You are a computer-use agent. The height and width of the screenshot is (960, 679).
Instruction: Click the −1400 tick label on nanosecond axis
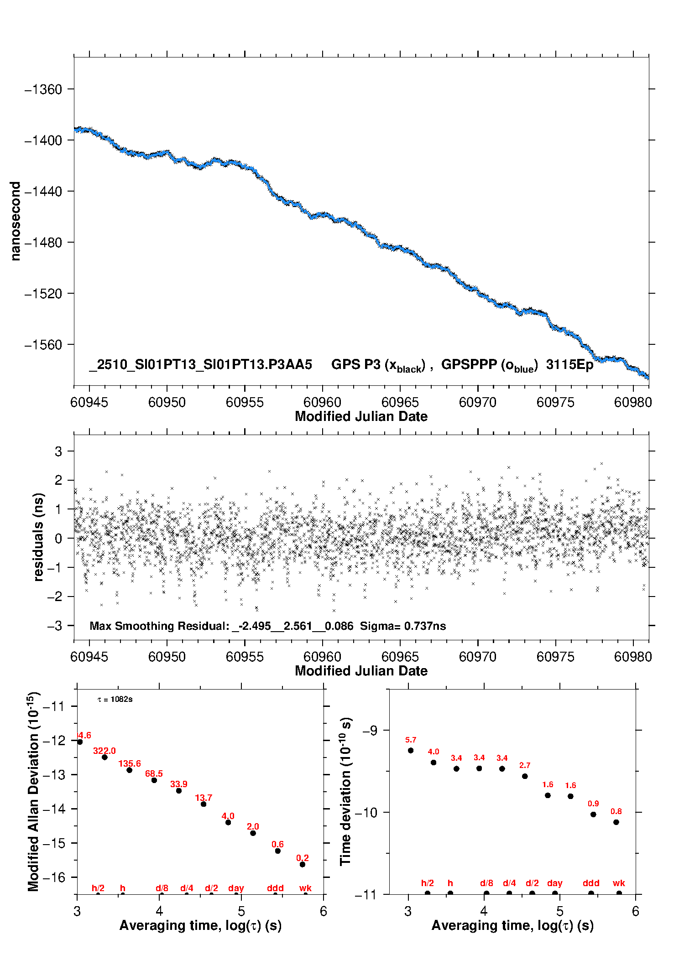click(x=43, y=140)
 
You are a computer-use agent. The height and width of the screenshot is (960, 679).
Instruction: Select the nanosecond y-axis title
click(x=15, y=221)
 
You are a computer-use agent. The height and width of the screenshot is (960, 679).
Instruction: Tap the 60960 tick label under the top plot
click(x=322, y=402)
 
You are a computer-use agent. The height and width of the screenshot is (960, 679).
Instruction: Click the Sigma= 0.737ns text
click(x=403, y=626)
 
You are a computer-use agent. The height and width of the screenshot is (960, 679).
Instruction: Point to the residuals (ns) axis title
click(x=39, y=537)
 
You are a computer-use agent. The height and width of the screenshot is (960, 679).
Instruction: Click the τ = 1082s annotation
click(x=115, y=700)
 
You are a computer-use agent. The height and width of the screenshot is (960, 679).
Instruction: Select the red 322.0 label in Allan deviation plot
click(x=104, y=751)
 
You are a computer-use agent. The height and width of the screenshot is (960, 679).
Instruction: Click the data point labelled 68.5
click(x=154, y=780)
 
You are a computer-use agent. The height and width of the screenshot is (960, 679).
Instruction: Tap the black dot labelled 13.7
click(x=204, y=804)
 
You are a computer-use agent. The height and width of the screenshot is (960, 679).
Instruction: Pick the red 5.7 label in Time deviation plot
click(x=411, y=740)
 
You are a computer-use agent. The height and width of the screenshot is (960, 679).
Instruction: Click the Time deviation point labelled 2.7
click(x=525, y=776)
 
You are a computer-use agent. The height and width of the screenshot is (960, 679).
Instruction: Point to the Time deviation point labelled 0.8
click(x=616, y=822)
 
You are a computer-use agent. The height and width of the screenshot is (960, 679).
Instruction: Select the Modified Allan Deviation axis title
click(x=33, y=792)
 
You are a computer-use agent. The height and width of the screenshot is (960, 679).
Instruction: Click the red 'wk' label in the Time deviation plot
click(x=619, y=883)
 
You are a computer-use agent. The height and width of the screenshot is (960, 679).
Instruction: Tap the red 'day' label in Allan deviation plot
click(x=236, y=888)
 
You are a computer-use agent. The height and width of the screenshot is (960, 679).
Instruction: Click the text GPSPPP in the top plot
click(x=469, y=364)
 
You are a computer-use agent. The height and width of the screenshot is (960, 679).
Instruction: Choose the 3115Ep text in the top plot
click(x=569, y=364)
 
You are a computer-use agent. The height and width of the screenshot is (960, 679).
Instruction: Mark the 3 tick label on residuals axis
click(x=58, y=451)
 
